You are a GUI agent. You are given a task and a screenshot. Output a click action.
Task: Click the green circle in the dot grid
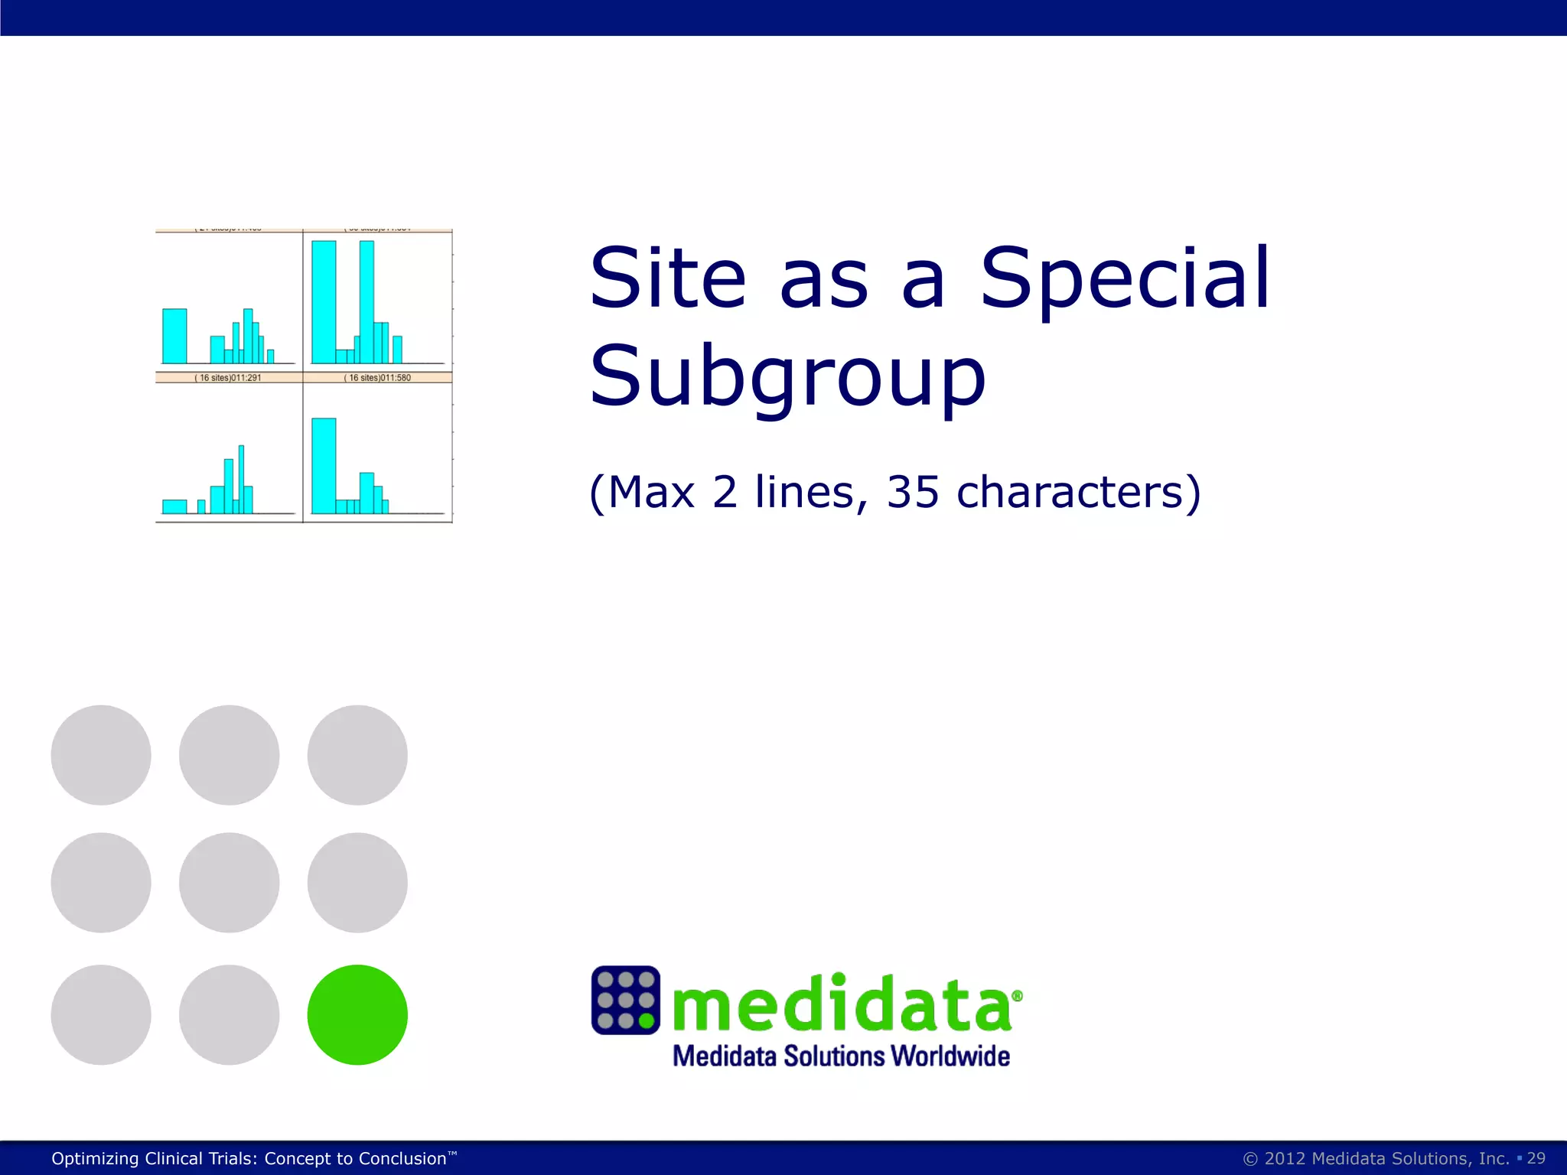357,1014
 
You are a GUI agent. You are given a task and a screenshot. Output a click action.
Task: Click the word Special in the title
1125,278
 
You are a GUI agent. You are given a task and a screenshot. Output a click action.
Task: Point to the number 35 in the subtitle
912,492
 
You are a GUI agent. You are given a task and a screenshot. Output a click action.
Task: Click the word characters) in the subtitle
1079,492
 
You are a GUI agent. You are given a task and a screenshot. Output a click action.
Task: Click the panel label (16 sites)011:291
228,378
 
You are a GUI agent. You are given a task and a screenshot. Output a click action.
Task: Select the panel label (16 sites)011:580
377,378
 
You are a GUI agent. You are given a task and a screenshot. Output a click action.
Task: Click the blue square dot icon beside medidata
625,1000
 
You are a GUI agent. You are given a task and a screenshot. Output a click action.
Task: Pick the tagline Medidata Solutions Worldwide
841,1056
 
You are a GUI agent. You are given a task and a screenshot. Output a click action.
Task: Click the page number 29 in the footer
1536,1158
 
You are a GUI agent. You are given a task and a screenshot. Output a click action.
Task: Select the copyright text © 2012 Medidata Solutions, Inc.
1376,1158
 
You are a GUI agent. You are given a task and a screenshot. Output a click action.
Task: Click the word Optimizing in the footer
95,1159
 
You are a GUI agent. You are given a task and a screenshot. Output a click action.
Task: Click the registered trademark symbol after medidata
1017,996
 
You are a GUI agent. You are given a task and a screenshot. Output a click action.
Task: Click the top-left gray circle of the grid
101,755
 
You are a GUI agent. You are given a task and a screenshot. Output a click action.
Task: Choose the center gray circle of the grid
229,883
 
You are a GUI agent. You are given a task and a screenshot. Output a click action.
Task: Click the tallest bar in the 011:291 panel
241,478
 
